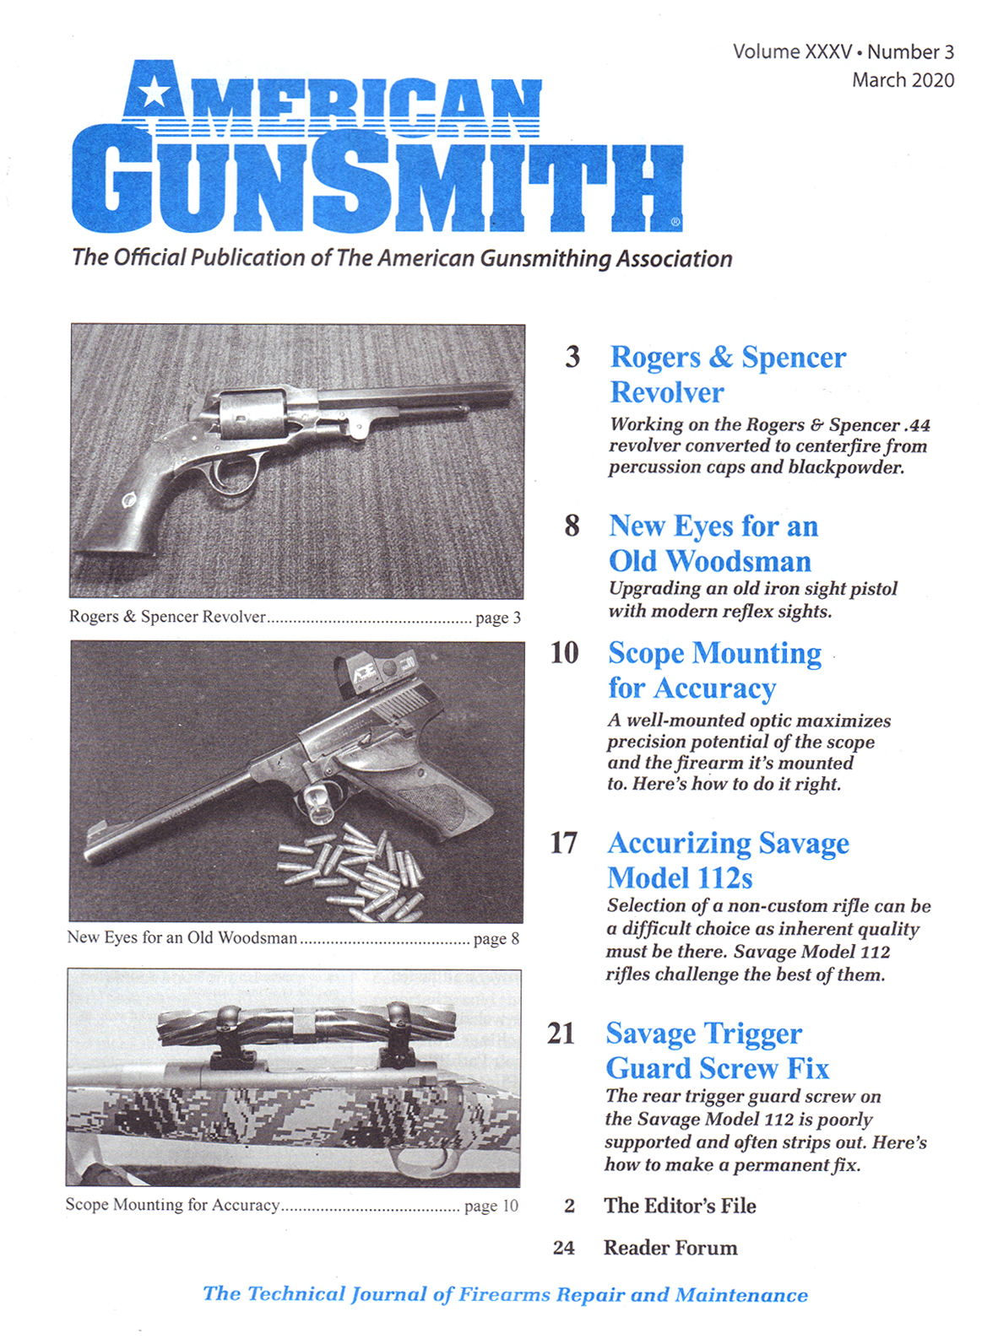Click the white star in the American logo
(x=154, y=91)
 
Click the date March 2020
(x=903, y=80)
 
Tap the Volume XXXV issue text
(x=792, y=51)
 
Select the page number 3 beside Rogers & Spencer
(x=572, y=357)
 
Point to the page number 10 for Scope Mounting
(x=564, y=652)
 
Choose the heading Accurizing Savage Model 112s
(x=727, y=860)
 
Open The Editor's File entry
(x=680, y=1206)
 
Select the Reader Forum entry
(x=670, y=1248)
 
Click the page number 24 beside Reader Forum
(x=564, y=1248)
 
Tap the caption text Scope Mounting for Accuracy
(x=173, y=1205)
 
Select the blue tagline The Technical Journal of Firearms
(x=505, y=1294)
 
